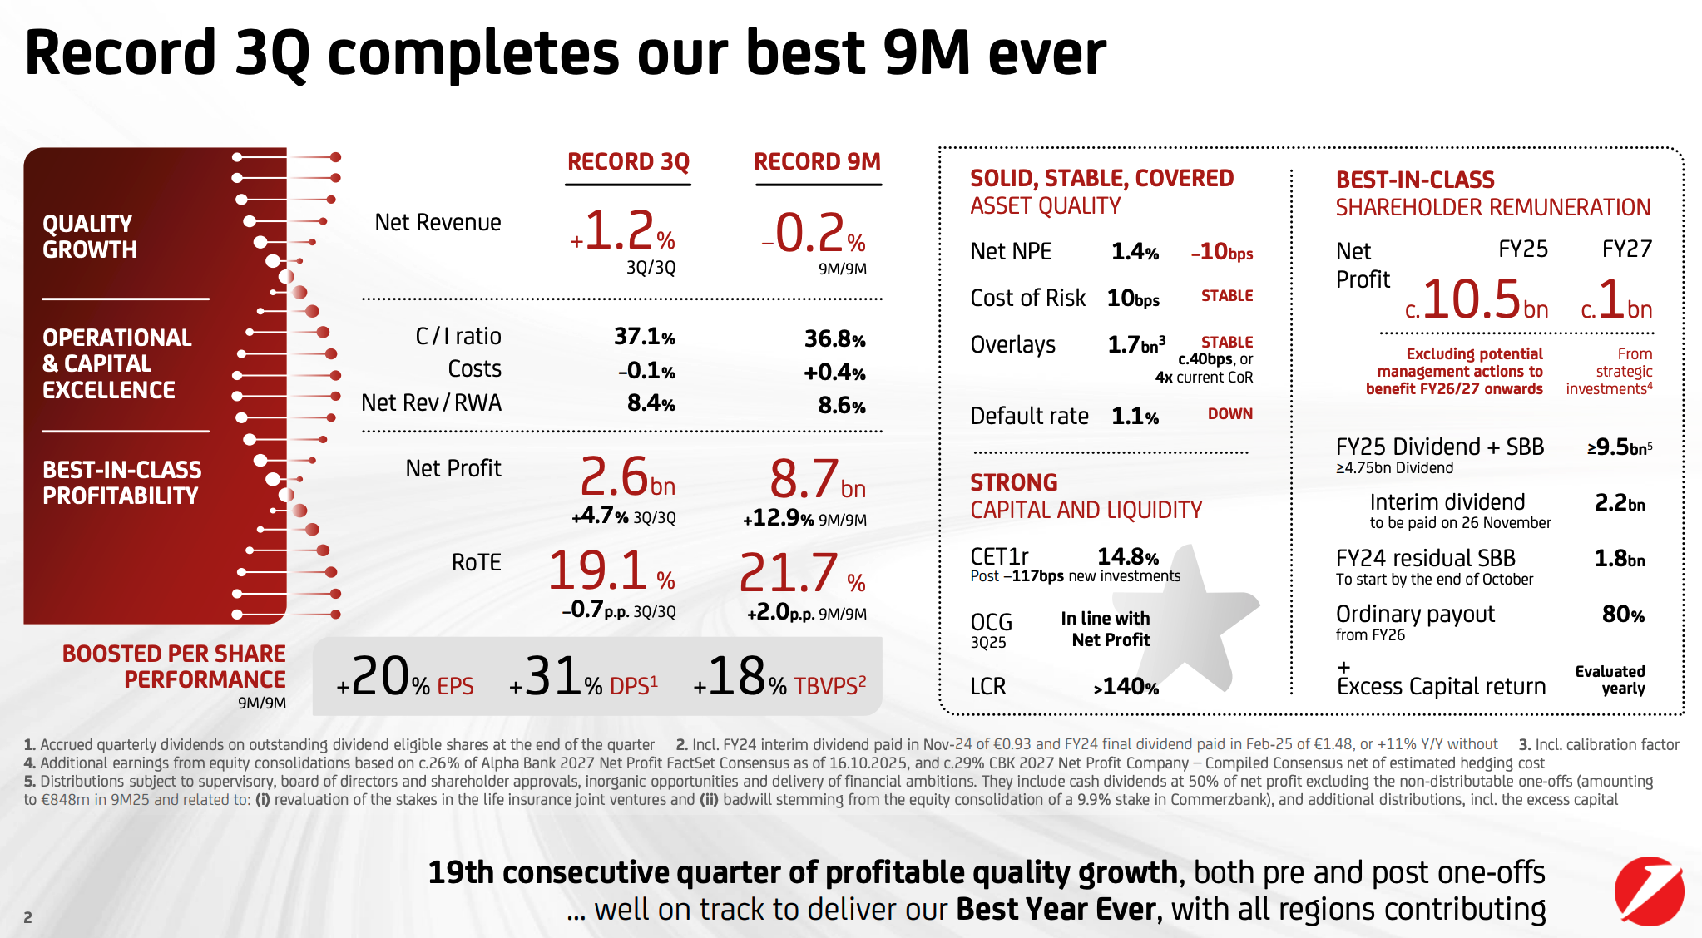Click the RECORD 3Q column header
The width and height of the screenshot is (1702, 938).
[x=628, y=161]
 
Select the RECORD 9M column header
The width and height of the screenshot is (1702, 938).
[x=817, y=161]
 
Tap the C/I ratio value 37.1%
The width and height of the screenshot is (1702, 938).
[x=644, y=337]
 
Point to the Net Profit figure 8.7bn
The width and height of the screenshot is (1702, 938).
[x=817, y=480]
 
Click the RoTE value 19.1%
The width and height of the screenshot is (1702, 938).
[x=611, y=572]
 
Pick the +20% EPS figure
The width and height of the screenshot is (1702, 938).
[x=405, y=678]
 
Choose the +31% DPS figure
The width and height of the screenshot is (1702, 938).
[x=583, y=678]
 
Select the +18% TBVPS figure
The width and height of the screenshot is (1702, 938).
[x=779, y=678]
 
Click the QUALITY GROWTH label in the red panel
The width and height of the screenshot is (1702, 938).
[x=90, y=237]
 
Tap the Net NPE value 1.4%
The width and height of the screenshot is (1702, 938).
[x=1135, y=252]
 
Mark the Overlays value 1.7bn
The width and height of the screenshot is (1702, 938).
[x=1135, y=344]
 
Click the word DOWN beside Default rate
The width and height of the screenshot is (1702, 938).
[x=1229, y=414]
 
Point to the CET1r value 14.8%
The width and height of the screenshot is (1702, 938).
[x=1127, y=556]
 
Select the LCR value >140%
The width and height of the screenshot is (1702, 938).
[x=1126, y=687]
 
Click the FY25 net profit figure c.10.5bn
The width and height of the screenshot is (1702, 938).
[x=1477, y=301]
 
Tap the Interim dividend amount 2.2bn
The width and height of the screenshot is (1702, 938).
[x=1619, y=503]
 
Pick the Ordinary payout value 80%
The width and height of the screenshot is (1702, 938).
[x=1623, y=615]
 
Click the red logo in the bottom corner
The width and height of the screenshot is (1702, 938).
[x=1649, y=891]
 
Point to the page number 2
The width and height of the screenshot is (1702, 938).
[x=28, y=917]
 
